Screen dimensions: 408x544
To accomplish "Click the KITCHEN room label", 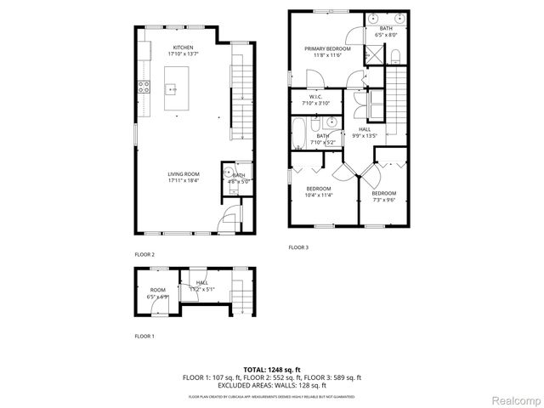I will point(183,48).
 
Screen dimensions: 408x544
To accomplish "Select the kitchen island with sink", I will point(173,88).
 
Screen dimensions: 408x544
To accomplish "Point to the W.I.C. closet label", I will point(314,97).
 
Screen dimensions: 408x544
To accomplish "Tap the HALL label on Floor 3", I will point(365,128).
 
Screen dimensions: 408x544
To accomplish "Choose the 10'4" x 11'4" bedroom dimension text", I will point(319,195).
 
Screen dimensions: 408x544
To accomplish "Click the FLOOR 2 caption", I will point(144,254).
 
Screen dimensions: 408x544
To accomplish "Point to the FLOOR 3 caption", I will point(298,247).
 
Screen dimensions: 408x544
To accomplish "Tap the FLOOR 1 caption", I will point(144,337).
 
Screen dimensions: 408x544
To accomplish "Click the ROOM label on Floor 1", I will point(158,290).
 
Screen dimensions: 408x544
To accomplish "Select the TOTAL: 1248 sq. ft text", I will point(272,370).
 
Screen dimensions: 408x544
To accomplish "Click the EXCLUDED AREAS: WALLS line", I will point(272,384).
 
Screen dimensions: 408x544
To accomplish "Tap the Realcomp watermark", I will point(517,399).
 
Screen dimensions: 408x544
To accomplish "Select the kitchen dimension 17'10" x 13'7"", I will point(183,54).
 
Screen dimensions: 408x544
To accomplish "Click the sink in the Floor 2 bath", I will point(229,172).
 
